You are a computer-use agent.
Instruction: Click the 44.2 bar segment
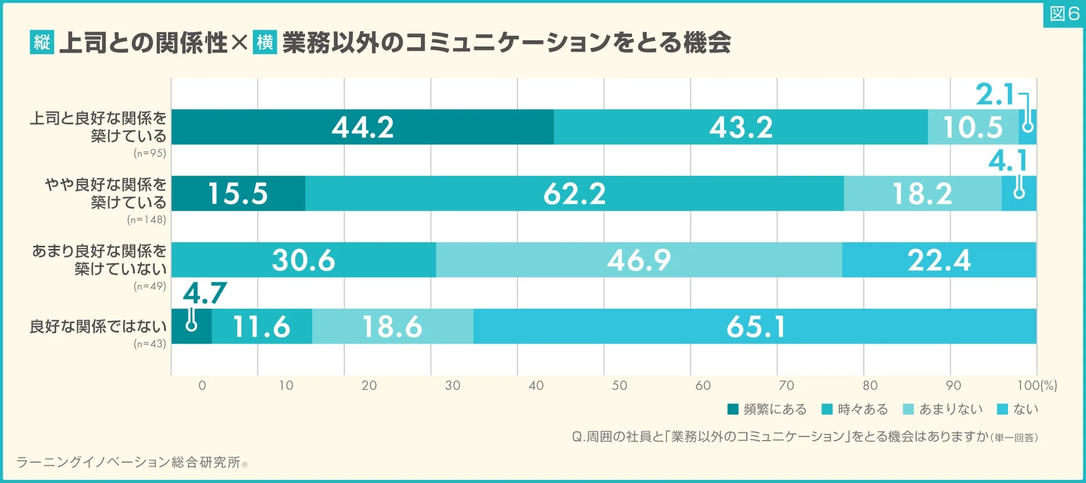(363, 127)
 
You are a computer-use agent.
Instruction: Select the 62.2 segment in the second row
(574, 194)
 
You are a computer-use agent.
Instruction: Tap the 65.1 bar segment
(755, 326)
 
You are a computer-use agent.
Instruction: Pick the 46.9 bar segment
(639, 260)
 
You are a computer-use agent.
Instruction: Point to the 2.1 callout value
(995, 95)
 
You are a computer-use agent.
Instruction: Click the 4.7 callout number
(204, 293)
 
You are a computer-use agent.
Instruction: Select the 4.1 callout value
(1007, 162)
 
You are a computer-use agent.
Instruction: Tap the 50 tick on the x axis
(619, 386)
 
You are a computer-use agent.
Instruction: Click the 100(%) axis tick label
(1036, 386)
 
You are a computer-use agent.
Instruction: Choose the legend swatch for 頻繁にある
(733, 409)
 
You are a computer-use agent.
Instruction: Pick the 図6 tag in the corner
(1064, 14)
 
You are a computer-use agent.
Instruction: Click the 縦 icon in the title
(42, 42)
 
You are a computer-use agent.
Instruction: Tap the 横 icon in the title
(265, 42)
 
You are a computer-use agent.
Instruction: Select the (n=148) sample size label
(146, 219)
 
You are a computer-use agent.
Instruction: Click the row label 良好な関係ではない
(98, 326)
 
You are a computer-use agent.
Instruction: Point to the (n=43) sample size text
(150, 344)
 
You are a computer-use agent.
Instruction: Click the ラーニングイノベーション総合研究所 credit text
(128, 462)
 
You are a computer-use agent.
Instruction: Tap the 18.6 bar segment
(392, 326)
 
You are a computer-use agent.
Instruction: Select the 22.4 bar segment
(938, 260)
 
